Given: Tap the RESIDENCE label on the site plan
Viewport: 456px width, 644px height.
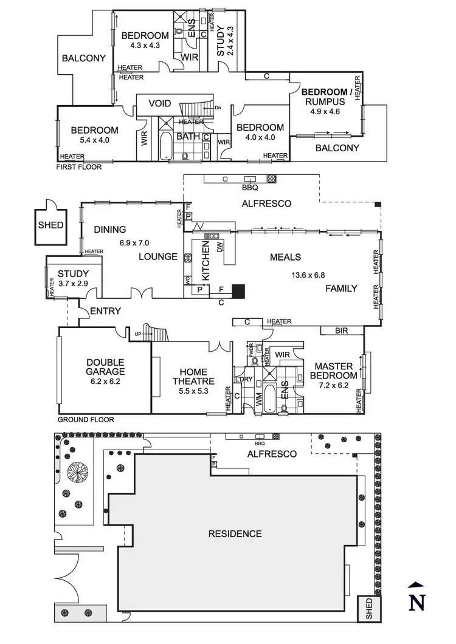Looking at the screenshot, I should pyautogui.click(x=235, y=534).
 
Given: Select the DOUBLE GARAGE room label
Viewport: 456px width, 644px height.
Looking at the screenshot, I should pyautogui.click(x=105, y=367).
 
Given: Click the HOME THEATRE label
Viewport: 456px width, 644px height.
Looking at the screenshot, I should pyautogui.click(x=193, y=377).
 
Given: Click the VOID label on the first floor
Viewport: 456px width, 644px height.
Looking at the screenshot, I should pyautogui.click(x=160, y=103).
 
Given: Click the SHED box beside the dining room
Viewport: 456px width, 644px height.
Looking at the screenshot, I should pyautogui.click(x=50, y=225).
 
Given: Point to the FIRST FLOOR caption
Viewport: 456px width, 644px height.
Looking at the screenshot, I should pyautogui.click(x=79, y=166).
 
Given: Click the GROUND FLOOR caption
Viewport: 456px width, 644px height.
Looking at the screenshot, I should pyautogui.click(x=86, y=420).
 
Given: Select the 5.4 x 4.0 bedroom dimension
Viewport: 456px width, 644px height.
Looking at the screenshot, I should pyautogui.click(x=94, y=140).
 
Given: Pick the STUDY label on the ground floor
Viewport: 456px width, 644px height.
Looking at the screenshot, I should pyautogui.click(x=74, y=274).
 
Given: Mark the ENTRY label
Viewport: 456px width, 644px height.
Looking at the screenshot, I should pyautogui.click(x=106, y=311).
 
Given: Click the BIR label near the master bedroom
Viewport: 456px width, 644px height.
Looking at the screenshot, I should pyautogui.click(x=342, y=331).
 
